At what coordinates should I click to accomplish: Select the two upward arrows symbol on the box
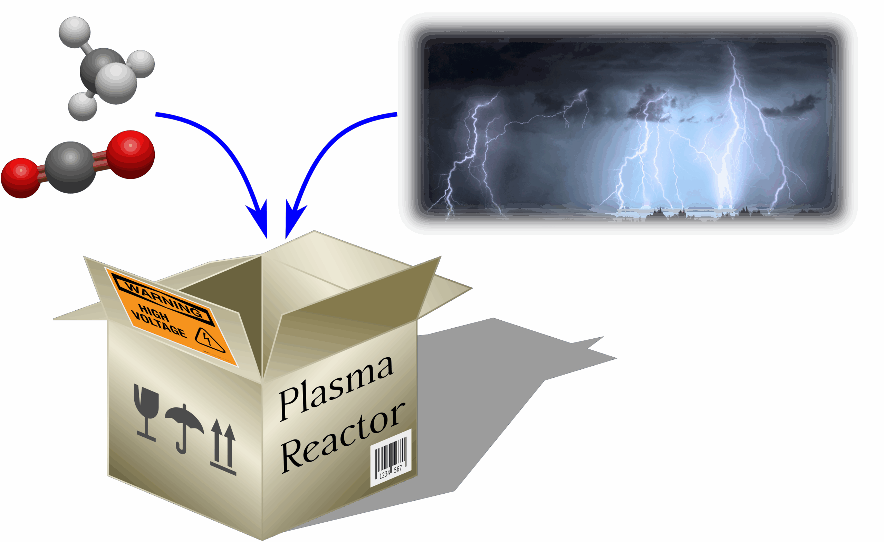[223, 447]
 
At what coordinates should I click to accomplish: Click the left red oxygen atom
[20, 177]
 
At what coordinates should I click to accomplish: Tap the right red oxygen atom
[131, 154]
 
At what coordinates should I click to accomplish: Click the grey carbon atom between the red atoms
[71, 167]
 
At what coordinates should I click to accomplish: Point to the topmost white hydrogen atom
[75, 32]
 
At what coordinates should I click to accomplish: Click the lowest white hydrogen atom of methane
[83, 107]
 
